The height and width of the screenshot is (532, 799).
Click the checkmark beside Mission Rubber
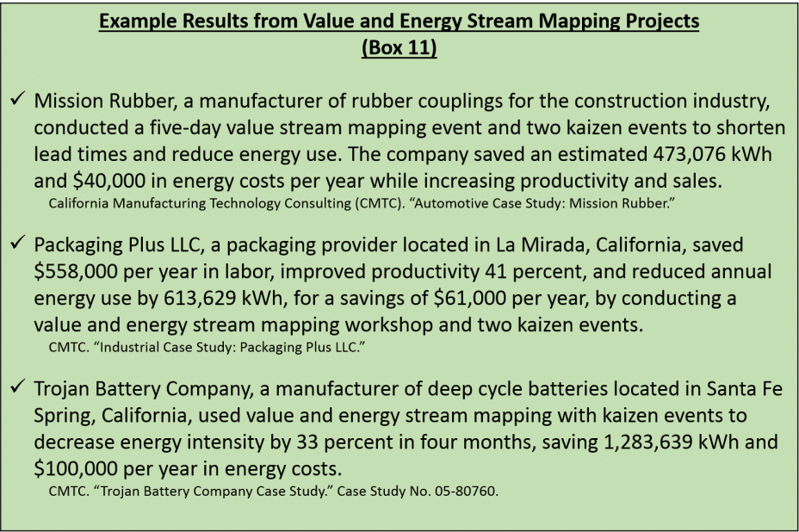(x=18, y=98)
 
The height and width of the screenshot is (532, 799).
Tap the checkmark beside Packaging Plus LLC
(x=18, y=242)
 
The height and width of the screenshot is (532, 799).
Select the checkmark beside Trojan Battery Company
(x=18, y=387)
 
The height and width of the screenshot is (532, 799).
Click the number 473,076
(x=687, y=154)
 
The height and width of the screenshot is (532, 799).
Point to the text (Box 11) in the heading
(x=399, y=47)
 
